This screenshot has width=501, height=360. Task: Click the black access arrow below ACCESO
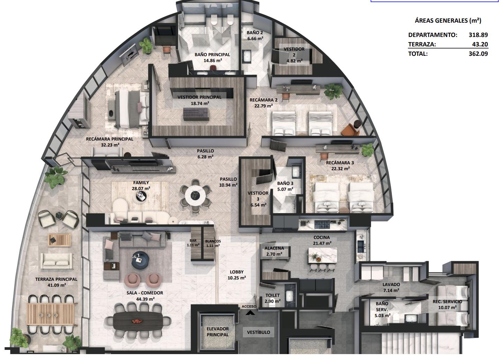click(x=250, y=313)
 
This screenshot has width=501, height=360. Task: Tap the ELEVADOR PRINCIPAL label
click(x=218, y=332)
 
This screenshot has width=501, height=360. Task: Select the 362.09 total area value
click(x=478, y=54)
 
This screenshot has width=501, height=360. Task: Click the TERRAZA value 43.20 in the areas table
click(x=480, y=44)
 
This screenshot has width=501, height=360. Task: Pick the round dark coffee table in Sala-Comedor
click(x=140, y=260)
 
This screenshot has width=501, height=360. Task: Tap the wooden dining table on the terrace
click(x=51, y=314)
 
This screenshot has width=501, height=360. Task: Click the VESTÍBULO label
click(x=259, y=332)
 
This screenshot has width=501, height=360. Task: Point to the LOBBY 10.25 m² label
click(x=237, y=275)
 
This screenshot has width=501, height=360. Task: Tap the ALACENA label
click(x=274, y=248)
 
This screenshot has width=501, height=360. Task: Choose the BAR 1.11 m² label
click(x=193, y=243)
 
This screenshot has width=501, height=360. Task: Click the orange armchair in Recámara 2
click(x=351, y=129)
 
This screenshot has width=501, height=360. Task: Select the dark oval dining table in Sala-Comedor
click(x=139, y=321)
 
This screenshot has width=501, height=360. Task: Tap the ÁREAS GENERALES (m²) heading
click(x=448, y=21)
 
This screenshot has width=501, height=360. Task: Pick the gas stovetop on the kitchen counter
click(x=322, y=224)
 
